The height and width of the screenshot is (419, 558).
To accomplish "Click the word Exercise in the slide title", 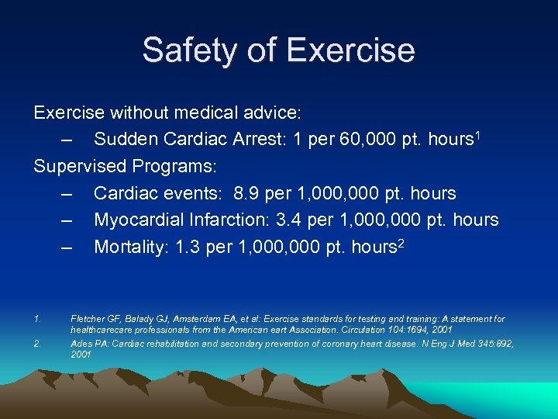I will (350, 50).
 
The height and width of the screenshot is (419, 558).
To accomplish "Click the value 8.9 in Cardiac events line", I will (247, 194).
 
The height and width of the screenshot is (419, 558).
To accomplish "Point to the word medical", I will (208, 113).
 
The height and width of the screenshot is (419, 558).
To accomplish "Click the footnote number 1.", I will (36, 319).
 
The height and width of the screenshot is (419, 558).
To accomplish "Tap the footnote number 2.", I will (36, 344).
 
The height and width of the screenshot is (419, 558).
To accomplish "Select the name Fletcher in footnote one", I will (88, 319).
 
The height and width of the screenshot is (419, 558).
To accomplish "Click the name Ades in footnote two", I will (81, 344).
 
